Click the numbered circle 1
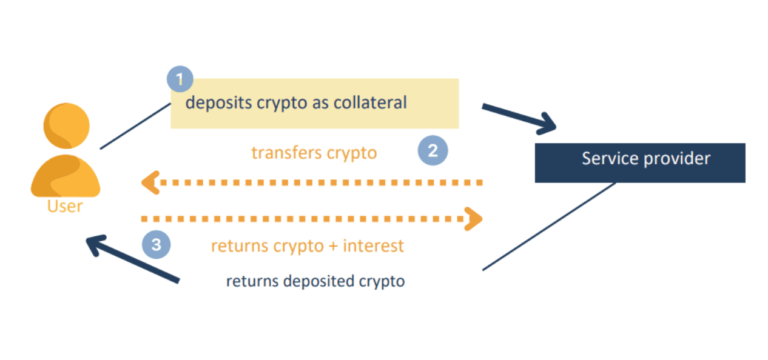[179, 78]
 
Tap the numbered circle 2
[433, 152]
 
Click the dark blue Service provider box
[640, 162]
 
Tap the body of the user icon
[65, 176]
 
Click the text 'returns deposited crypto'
[316, 282]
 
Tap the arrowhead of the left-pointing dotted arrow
[150, 183]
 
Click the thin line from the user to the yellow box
[134, 126]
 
